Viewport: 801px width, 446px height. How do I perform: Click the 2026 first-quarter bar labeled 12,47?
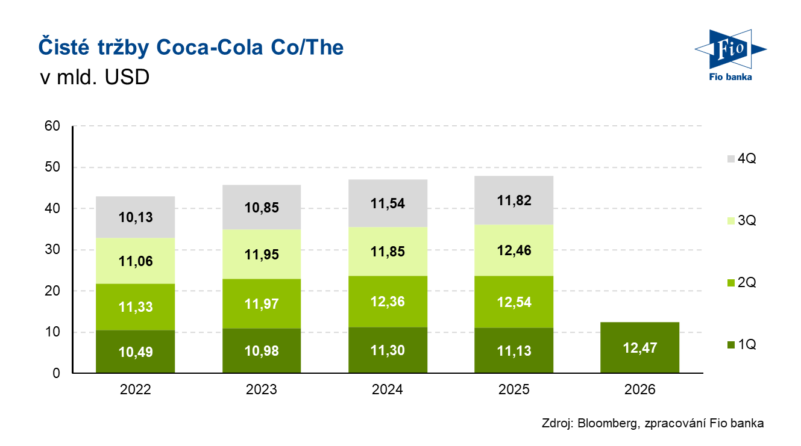point(639,347)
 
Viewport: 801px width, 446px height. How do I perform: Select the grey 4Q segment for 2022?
point(135,217)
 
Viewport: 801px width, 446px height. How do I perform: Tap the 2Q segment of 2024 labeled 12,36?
point(388,302)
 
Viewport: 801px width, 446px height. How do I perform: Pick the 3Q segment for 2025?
point(514,250)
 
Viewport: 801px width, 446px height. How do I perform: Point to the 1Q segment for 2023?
point(262,351)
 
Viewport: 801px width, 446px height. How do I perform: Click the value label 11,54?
point(388,203)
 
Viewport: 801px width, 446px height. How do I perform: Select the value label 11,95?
point(262,254)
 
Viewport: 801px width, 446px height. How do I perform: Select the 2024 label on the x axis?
point(388,389)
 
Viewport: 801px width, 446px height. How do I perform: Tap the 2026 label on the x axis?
point(639,389)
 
